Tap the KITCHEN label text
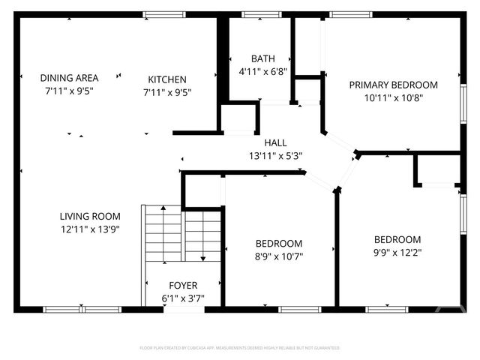click(166, 79)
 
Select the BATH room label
click(262, 58)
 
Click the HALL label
click(275, 142)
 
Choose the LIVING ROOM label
click(90, 217)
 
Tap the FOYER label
click(183, 285)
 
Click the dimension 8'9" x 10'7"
click(279, 256)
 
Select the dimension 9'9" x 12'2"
click(397, 253)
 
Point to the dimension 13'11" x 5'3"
click(275, 156)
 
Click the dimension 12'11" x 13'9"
click(90, 230)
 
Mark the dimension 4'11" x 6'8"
click(262, 72)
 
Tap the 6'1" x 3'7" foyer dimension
click(183, 298)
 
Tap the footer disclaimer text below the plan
click(240, 348)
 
